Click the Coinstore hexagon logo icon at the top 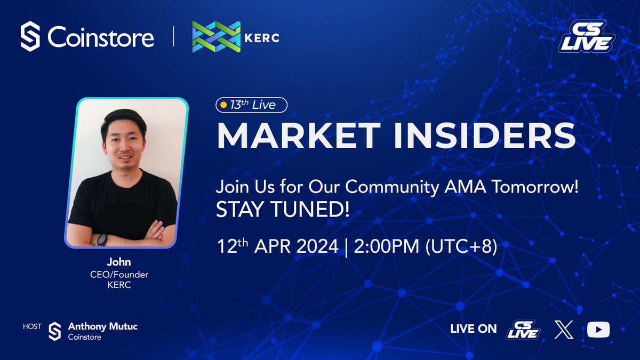click(x=30, y=37)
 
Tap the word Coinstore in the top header click(x=101, y=37)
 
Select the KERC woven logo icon click(x=217, y=37)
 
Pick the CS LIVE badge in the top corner click(x=586, y=37)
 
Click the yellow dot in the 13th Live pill click(x=223, y=105)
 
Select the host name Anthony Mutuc click(x=102, y=326)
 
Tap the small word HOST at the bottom click(x=32, y=326)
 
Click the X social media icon click(x=564, y=330)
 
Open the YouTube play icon click(x=598, y=330)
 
